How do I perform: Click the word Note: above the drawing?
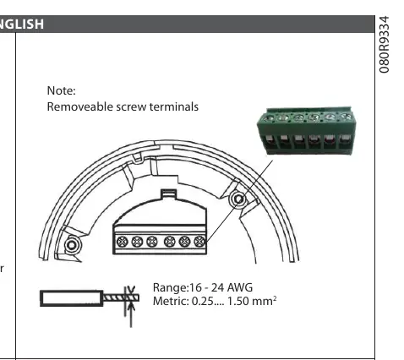coord(61,90)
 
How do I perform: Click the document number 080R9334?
coord(384,45)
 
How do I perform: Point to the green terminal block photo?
coord(306,130)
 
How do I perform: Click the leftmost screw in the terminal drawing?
coord(123,242)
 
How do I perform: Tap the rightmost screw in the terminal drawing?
coord(199,242)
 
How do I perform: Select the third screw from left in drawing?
coord(152,242)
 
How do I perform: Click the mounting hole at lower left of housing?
coord(72,245)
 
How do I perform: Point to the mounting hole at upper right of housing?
coord(238,199)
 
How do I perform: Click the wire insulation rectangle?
coord(72,298)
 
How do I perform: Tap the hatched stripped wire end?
coord(121,297)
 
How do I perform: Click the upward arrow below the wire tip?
coord(131,314)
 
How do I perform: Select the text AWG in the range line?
coord(239,287)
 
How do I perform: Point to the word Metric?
coord(171,302)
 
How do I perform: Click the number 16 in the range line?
coord(194,287)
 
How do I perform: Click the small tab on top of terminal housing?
coord(169,194)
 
